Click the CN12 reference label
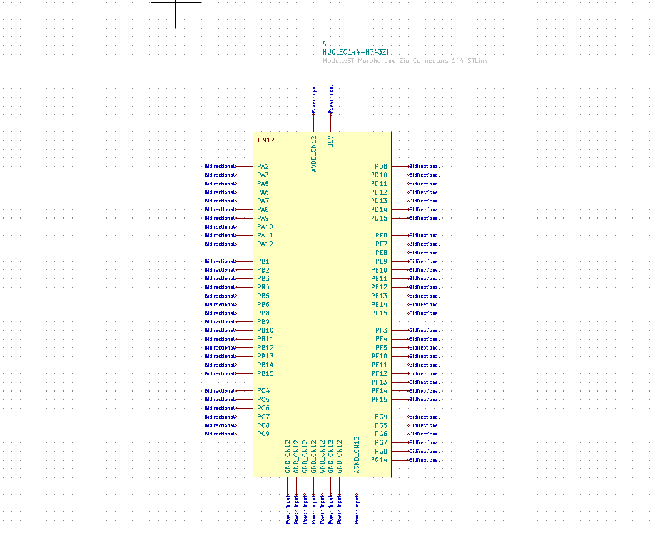pyautogui.click(x=266, y=140)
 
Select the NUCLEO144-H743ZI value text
pyautogui.click(x=357, y=53)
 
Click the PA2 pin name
pyautogui.click(x=263, y=167)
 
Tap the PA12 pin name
pyautogui.click(x=265, y=244)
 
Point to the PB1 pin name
pyautogui.click(x=263, y=262)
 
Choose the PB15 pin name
pyautogui.click(x=265, y=374)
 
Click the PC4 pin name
pyautogui.click(x=263, y=391)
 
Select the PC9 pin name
pyautogui.click(x=263, y=434)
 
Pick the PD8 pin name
pyautogui.click(x=381, y=167)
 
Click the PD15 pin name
pyautogui.click(x=379, y=219)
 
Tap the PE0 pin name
pyautogui.click(x=381, y=236)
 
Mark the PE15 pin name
pyautogui.click(x=379, y=313)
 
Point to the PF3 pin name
pyautogui.click(x=381, y=331)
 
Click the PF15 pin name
pyautogui.click(x=379, y=400)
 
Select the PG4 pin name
pyautogui.click(x=381, y=417)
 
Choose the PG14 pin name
pyautogui.click(x=379, y=461)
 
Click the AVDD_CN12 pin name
pyautogui.click(x=314, y=154)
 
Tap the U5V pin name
pyautogui.click(x=331, y=142)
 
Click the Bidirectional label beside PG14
pyautogui.click(x=425, y=461)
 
